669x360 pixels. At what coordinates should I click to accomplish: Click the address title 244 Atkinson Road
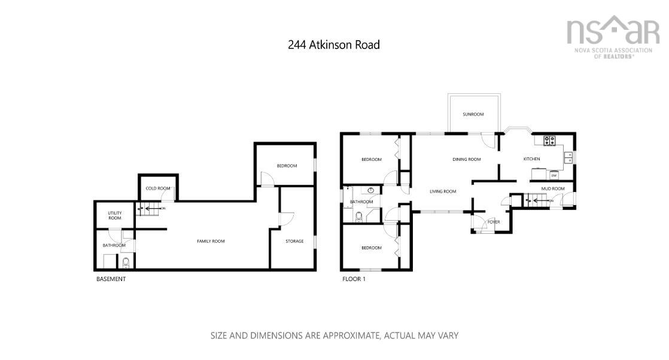[x=333, y=45]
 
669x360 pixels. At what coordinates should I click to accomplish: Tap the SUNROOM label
[x=473, y=114]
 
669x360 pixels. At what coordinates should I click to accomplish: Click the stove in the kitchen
[x=549, y=141]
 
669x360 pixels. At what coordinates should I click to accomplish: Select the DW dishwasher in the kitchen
[x=554, y=175]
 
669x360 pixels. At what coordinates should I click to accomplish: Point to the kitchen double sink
[x=568, y=157]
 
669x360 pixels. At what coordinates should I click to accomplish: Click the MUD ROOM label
[x=553, y=189]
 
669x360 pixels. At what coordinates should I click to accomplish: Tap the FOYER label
[x=494, y=222]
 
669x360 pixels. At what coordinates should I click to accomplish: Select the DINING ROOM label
[x=466, y=160]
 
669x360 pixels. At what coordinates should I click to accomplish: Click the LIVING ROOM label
[x=443, y=191]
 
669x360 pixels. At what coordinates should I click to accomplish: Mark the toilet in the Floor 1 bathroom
[x=359, y=216]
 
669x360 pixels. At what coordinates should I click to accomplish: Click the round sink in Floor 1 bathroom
[x=371, y=191]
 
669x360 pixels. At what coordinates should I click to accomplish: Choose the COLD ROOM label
[x=157, y=188]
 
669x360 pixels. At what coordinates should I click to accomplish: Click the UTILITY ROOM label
[x=114, y=215]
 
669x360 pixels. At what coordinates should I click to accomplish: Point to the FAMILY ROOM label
[x=211, y=241]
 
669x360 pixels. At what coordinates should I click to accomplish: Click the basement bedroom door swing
[x=267, y=177]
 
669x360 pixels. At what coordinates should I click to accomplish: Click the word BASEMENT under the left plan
[x=111, y=279]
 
